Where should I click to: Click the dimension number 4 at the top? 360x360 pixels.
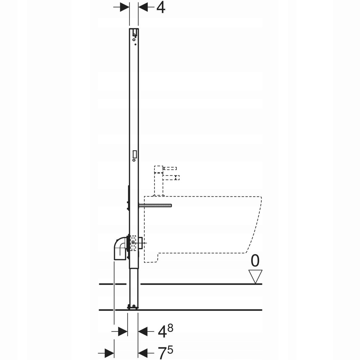pyautogui.click(x=161, y=8)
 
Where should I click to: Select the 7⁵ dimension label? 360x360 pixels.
pyautogui.click(x=165, y=353)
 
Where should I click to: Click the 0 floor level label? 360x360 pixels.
pyautogui.click(x=255, y=261)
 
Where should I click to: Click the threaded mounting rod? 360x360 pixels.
pyautogui.click(x=155, y=205)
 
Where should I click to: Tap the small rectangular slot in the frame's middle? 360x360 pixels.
pyautogui.click(x=134, y=154)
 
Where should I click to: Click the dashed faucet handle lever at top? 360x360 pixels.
pyautogui.click(x=170, y=168)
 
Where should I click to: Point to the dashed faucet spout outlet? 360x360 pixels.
pyautogui.click(x=171, y=178)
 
